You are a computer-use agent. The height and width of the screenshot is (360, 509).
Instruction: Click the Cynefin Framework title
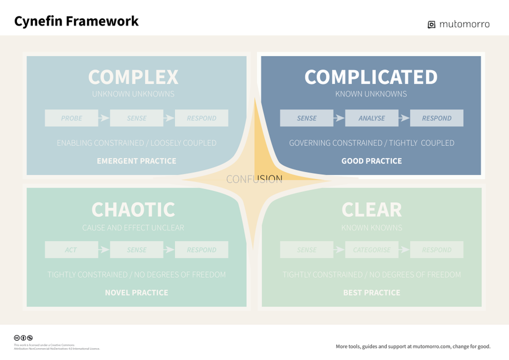76,22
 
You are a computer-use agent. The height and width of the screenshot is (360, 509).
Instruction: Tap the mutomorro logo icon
432,24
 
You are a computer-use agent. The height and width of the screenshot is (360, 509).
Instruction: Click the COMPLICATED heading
371,77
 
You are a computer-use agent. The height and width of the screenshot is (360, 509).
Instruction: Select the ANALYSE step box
372,118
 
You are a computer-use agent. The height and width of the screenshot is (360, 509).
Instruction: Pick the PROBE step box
71,118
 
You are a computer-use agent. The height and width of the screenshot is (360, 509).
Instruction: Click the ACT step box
71,250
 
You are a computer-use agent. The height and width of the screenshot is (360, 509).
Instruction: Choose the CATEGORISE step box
372,250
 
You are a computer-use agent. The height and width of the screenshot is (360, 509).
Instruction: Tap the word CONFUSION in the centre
254,179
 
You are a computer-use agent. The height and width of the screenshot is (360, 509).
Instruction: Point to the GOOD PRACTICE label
372,161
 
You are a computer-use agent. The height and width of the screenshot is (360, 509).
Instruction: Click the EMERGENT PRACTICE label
136,161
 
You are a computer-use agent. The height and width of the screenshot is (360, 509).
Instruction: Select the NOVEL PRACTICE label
136,293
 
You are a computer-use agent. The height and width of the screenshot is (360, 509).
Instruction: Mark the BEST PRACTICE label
372,293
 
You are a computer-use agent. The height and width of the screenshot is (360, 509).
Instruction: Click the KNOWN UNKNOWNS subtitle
371,94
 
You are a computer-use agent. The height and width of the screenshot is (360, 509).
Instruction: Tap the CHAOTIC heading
133,209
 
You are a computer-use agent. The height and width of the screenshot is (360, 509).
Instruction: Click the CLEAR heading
372,209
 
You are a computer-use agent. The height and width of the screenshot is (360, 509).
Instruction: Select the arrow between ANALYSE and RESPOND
404,118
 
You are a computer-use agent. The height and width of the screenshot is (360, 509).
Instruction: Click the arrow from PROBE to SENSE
103,118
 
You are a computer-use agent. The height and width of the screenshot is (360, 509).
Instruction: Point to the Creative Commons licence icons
23,338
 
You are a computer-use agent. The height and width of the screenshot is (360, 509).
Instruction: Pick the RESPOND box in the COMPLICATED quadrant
437,118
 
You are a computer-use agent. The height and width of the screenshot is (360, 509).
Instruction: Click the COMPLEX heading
133,77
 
